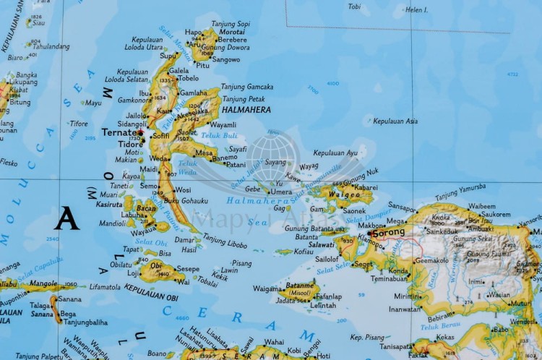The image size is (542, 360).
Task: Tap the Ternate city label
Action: coord(118,133)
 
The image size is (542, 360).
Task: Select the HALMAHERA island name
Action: coord(247,110)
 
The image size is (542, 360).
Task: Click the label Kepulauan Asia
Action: coord(395,121)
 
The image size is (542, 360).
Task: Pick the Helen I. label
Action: coord(416,10)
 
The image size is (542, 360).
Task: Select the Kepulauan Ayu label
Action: coord(336,153)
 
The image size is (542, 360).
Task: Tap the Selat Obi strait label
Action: coord(151,242)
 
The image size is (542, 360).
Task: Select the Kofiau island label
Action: coord(304,252)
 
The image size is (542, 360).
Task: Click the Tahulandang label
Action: coord(51,46)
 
